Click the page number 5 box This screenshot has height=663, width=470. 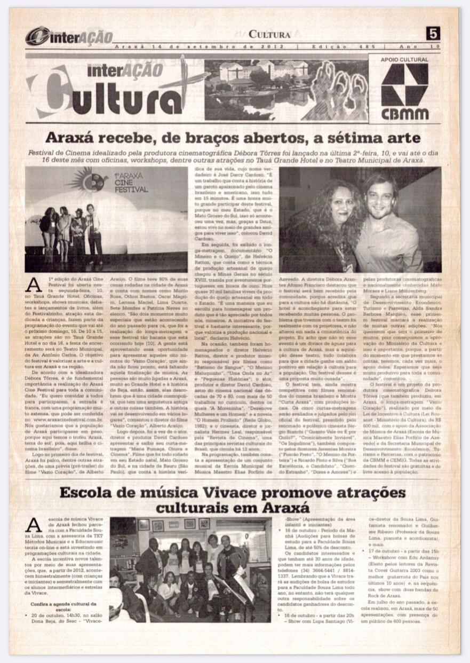pyautogui.click(x=433, y=34)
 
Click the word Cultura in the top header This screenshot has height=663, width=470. pyautogui.click(x=269, y=35)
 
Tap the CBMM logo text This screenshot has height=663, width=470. pyautogui.click(x=405, y=113)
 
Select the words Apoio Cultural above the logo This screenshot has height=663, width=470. pyautogui.click(x=405, y=60)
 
